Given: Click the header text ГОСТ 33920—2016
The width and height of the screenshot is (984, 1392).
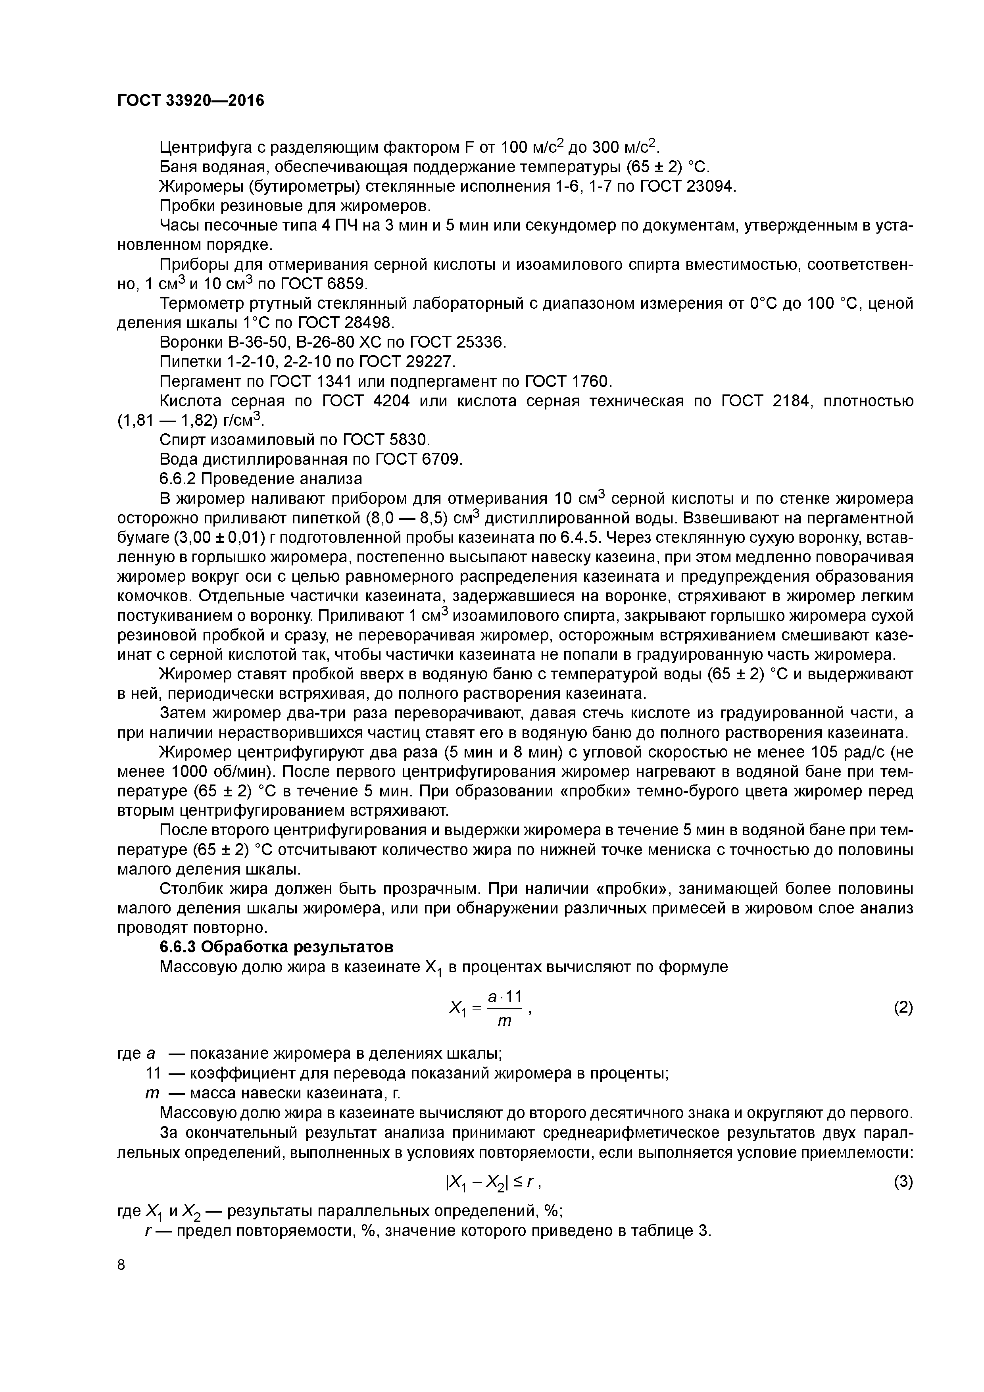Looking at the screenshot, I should tap(190, 100).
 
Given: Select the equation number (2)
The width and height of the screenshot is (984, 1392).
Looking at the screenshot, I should tap(903, 1007).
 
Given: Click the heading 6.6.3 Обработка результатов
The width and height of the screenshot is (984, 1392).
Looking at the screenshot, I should tap(277, 947).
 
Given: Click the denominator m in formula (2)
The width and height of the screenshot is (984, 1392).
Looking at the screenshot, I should tap(504, 1021).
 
